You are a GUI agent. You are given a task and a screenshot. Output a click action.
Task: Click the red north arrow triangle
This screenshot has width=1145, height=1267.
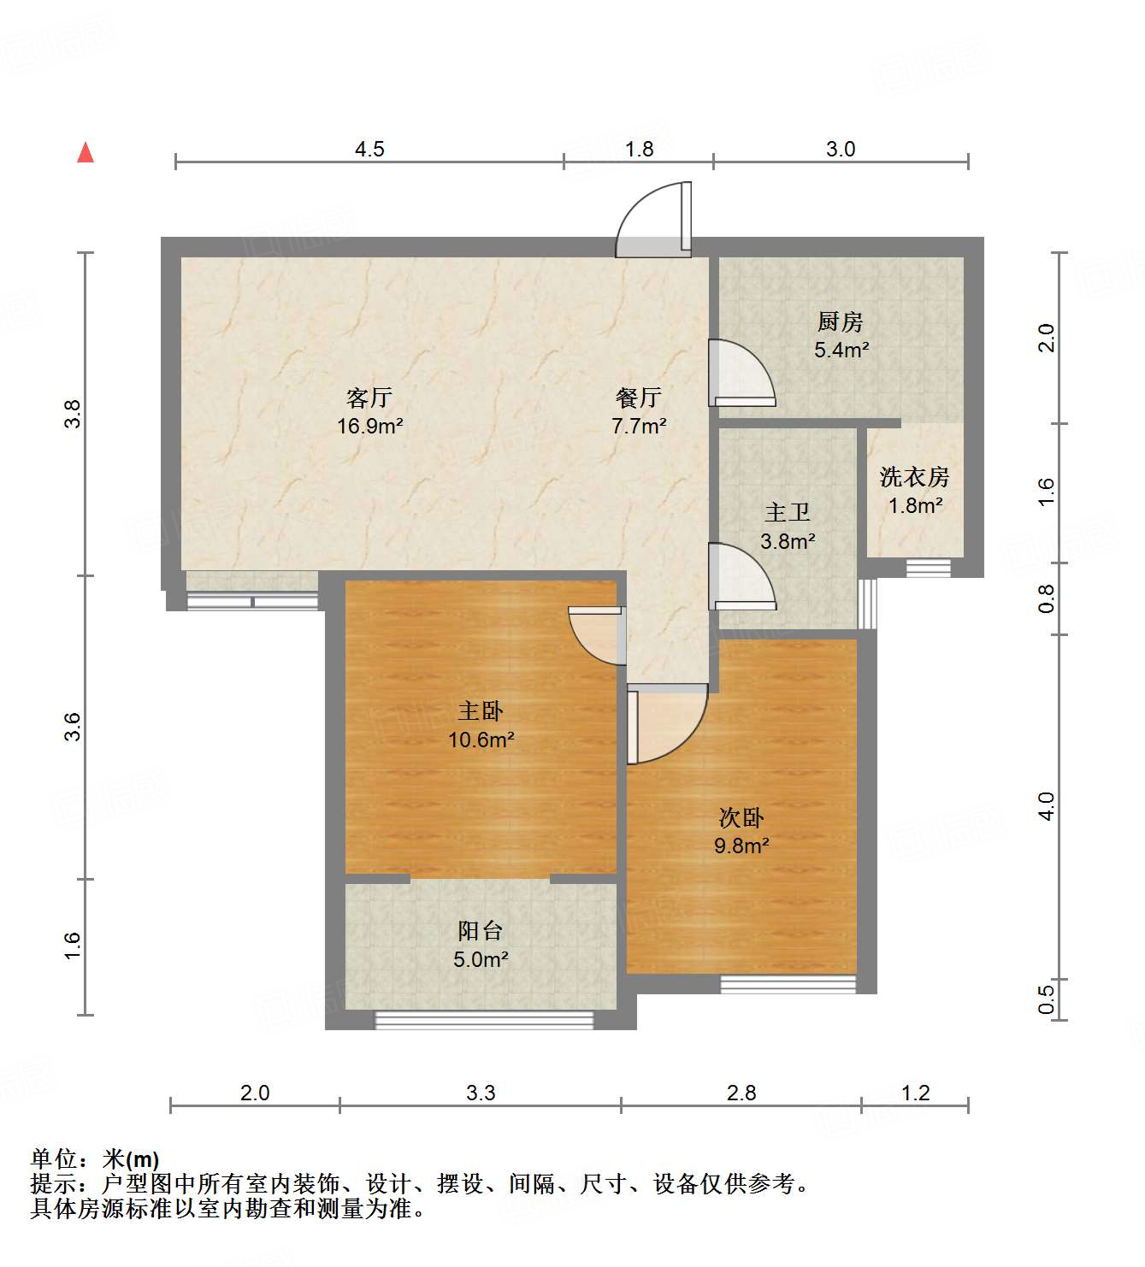86,152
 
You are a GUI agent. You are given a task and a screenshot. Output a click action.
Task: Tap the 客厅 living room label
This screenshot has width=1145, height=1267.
369,398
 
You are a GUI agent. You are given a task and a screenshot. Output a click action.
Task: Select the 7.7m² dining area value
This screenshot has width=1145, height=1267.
639,426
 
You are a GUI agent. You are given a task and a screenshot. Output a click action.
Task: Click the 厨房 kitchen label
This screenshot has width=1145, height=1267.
840,322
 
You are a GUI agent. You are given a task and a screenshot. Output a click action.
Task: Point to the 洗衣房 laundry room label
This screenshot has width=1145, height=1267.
914,477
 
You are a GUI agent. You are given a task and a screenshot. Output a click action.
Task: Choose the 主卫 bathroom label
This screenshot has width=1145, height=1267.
787,513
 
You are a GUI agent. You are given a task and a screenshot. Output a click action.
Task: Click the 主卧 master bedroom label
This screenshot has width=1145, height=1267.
481,711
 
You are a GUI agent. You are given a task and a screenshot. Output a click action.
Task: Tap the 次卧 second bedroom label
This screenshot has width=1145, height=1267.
741,818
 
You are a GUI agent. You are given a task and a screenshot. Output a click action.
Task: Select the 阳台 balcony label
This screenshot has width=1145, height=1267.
481,930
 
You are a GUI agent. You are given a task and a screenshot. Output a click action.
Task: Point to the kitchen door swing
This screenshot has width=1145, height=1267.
741,372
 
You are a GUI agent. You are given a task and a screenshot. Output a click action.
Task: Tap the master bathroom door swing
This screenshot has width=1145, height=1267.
741,576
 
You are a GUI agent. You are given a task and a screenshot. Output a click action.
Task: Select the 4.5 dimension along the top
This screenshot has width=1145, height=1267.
369,150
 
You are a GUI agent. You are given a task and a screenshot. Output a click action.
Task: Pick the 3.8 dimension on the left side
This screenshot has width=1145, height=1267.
74,414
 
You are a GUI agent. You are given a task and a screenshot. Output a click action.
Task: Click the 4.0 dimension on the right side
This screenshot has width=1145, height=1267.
1047,805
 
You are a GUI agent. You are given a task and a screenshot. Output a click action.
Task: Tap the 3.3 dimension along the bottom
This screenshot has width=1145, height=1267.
481,1093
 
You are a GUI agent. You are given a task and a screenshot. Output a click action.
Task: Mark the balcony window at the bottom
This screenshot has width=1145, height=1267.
484,1019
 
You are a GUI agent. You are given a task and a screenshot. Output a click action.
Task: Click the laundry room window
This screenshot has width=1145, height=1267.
929,567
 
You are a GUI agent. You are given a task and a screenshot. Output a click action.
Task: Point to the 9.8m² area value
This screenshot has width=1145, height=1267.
741,846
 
